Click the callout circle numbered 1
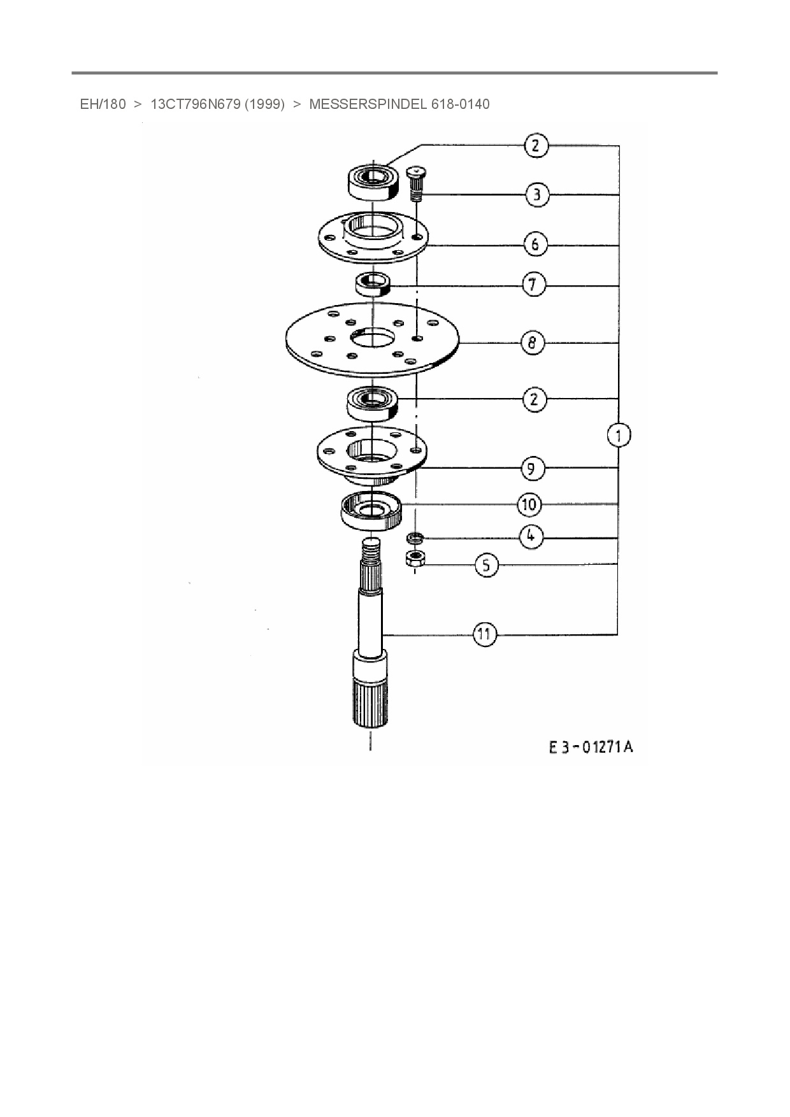click(618, 436)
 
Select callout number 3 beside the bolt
click(537, 194)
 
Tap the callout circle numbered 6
click(535, 245)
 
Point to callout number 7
click(534, 284)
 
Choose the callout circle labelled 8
click(533, 343)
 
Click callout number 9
click(532, 469)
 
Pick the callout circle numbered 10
click(529, 505)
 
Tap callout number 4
click(531, 536)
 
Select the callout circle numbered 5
click(487, 565)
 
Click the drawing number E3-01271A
click(591, 746)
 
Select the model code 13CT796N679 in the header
click(194, 104)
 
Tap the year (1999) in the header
click(264, 104)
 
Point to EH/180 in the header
click(103, 104)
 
